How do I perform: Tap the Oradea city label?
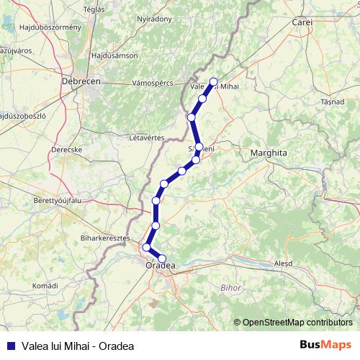(x=160, y=266)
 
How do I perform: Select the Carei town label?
(x=302, y=23)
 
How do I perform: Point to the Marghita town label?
(x=269, y=153)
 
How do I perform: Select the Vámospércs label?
(x=153, y=84)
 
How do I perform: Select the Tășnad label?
(x=333, y=102)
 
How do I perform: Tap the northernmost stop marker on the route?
(x=213, y=81)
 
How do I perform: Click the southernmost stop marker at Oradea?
(x=162, y=258)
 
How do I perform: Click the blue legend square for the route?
(x=10, y=345)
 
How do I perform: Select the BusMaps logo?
(x=323, y=344)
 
